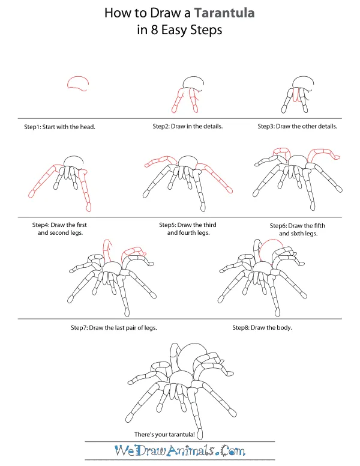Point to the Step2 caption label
coord(163,127)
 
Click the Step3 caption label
coord(268,127)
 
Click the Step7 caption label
coord(81,328)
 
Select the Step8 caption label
coord(242,328)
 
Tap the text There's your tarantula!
coord(167,434)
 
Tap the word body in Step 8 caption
coord(295,328)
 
